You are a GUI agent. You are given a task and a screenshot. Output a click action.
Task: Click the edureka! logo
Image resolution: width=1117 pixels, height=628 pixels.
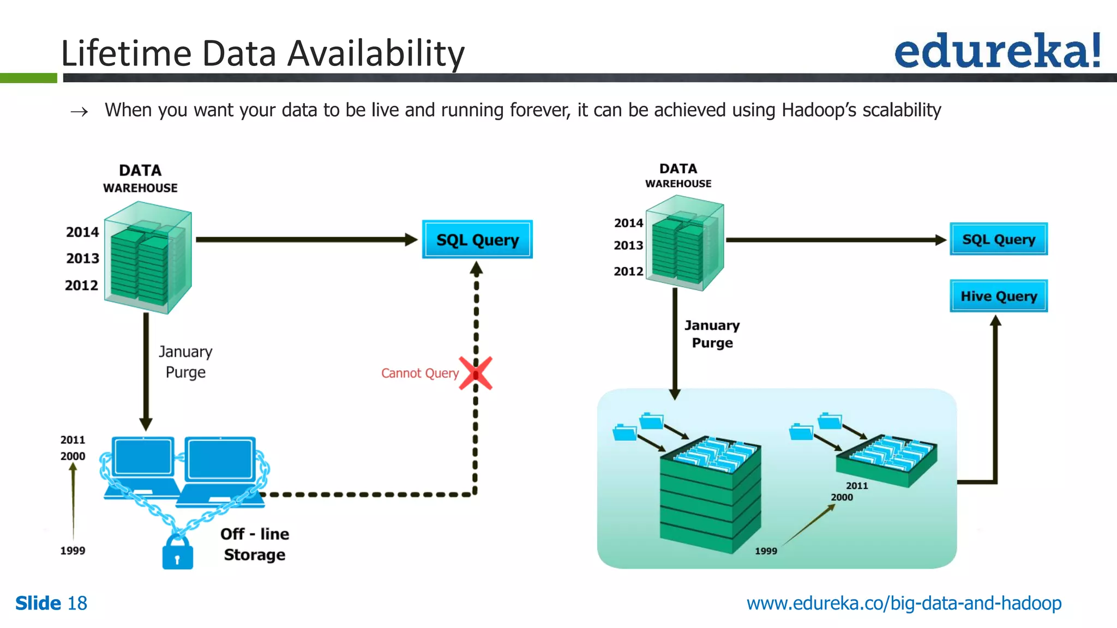click(997, 51)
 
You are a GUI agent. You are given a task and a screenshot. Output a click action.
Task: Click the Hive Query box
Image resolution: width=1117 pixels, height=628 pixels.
click(998, 296)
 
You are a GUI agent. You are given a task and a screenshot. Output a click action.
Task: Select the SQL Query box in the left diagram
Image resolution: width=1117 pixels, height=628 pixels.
click(477, 240)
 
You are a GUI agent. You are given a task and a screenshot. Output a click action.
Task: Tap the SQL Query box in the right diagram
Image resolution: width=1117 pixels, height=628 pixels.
click(998, 239)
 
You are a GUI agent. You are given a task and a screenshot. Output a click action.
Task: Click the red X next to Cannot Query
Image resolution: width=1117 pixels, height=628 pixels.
click(476, 373)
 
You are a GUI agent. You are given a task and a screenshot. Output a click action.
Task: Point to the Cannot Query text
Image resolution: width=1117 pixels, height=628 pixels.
click(419, 373)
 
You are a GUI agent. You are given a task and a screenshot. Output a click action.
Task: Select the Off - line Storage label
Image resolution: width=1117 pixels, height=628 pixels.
click(255, 544)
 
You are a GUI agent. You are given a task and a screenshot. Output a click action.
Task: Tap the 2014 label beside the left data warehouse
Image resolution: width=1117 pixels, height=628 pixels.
click(82, 232)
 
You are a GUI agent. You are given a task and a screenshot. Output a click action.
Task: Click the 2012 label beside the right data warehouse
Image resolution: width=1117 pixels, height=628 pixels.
click(628, 271)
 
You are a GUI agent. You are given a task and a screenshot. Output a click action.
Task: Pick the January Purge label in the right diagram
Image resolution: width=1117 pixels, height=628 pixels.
click(712, 334)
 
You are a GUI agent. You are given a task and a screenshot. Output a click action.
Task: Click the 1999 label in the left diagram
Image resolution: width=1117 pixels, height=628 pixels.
click(73, 551)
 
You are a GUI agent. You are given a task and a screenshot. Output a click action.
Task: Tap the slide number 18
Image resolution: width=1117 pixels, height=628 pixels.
click(77, 603)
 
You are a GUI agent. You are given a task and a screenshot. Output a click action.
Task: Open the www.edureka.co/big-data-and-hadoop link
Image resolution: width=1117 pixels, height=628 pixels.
click(904, 603)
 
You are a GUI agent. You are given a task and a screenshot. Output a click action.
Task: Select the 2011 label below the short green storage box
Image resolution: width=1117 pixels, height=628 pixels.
click(856, 486)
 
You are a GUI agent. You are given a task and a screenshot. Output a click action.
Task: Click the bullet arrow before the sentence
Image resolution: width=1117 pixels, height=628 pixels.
click(79, 112)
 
